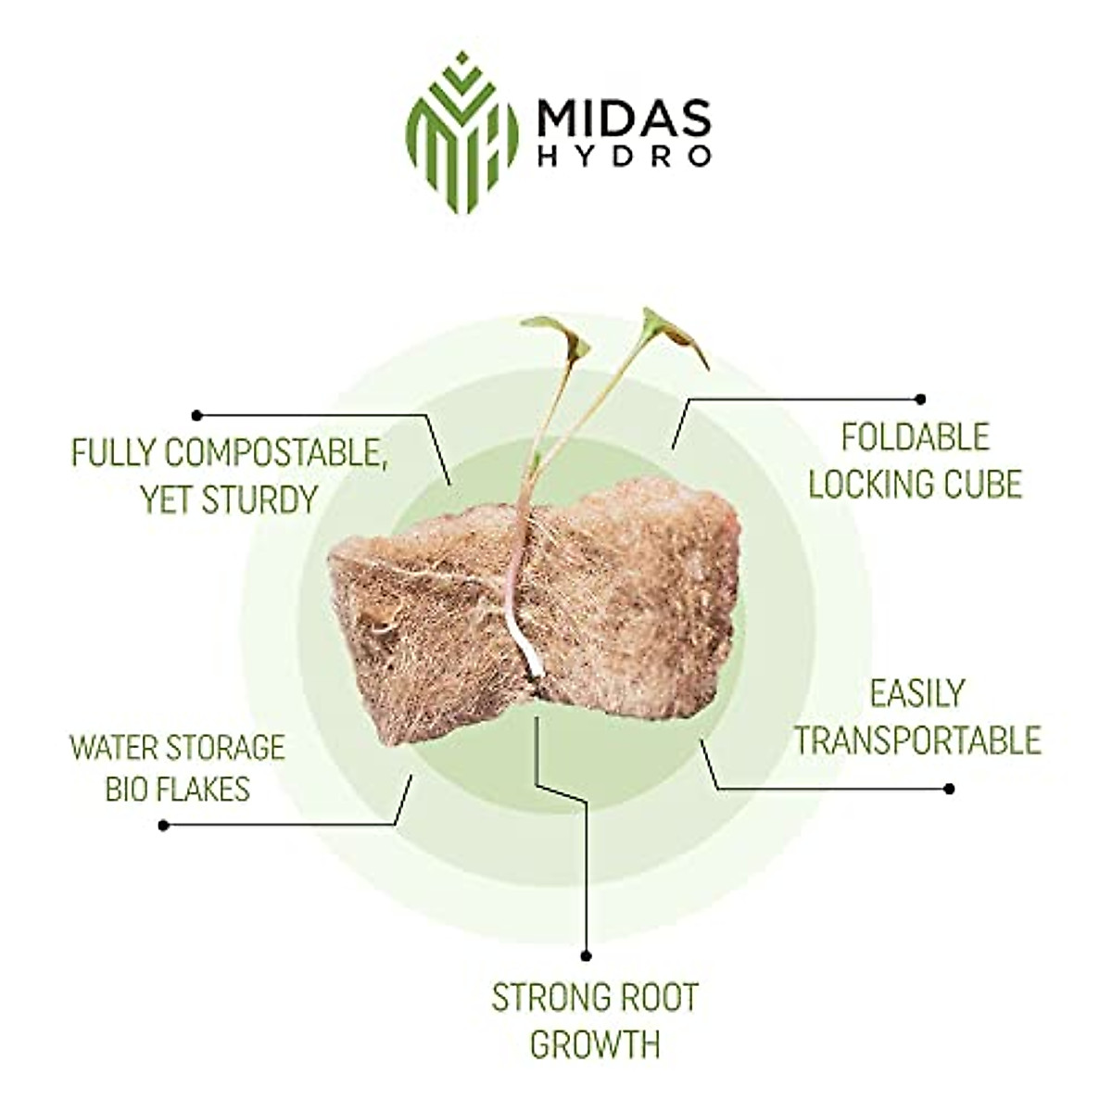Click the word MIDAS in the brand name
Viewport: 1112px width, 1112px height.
[x=624, y=118]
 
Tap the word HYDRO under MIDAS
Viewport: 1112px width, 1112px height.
[x=624, y=156]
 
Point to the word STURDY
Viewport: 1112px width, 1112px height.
[x=259, y=499]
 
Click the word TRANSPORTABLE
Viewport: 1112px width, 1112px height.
[x=917, y=740]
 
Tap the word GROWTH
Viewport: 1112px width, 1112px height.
[x=595, y=1043]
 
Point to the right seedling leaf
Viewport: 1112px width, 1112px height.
[x=675, y=334]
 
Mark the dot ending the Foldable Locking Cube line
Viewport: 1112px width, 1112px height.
[x=920, y=399]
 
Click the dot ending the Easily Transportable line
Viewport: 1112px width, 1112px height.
[x=948, y=789]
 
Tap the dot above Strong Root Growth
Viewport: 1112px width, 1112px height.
[x=585, y=955]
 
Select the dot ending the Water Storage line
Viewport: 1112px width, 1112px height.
[x=164, y=825]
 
